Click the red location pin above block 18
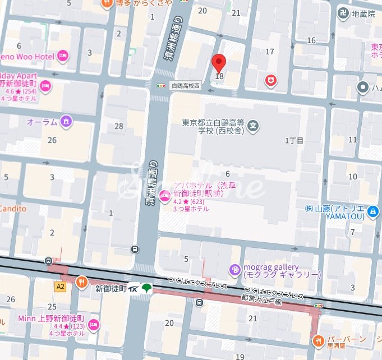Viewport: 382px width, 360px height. pyautogui.click(x=219, y=63)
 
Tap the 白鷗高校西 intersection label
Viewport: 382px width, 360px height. pyautogui.click(x=186, y=86)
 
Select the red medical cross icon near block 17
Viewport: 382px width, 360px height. pyautogui.click(x=271, y=82)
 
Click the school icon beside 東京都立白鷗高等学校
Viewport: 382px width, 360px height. pyautogui.click(x=254, y=124)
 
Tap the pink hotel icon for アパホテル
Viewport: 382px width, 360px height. pyautogui.click(x=164, y=196)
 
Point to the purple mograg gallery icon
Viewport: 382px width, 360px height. pyautogui.click(x=234, y=271)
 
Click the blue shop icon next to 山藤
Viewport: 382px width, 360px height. pyautogui.click(x=374, y=211)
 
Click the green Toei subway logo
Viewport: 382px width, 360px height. pyautogui.click(x=147, y=288)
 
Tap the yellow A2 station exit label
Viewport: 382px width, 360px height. pyautogui.click(x=60, y=286)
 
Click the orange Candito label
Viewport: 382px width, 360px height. pyautogui.click(x=12, y=209)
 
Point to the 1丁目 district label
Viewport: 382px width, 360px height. pyautogui.click(x=294, y=140)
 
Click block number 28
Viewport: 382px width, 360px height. pyautogui.click(x=119, y=126)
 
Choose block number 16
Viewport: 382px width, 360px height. pyautogui.click(x=311, y=40)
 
